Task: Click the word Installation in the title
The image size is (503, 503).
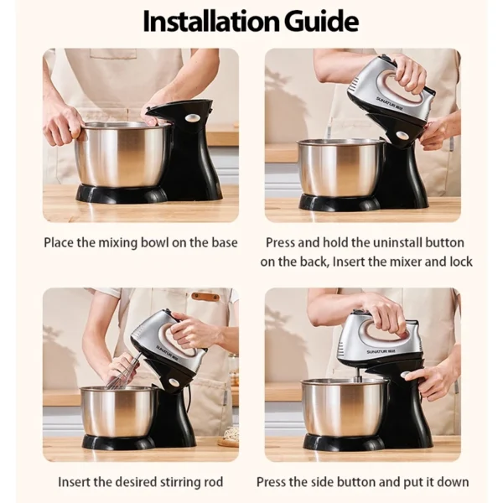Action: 211,21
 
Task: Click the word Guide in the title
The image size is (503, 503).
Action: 321,21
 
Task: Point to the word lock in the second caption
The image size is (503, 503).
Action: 461,262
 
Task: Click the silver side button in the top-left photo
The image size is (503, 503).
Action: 191,118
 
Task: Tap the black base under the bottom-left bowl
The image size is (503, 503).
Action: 119,442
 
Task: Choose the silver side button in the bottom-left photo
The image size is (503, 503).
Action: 175,382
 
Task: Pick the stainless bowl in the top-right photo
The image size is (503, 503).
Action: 340,168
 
